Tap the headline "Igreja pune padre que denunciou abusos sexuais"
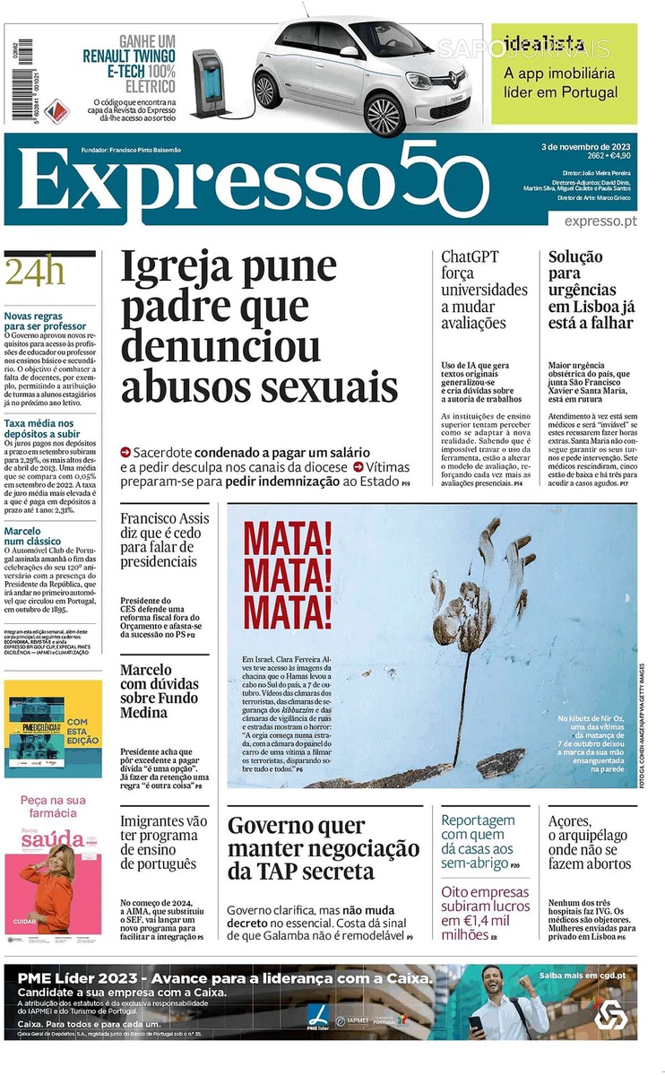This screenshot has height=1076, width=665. click(x=260, y=326)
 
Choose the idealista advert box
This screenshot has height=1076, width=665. click(x=564, y=74)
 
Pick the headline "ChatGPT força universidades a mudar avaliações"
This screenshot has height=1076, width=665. click(x=484, y=290)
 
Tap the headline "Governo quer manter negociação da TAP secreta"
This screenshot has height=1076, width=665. click(x=323, y=847)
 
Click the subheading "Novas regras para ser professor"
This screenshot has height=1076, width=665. click(x=45, y=321)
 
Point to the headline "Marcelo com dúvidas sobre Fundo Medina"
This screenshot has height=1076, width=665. click(x=160, y=691)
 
